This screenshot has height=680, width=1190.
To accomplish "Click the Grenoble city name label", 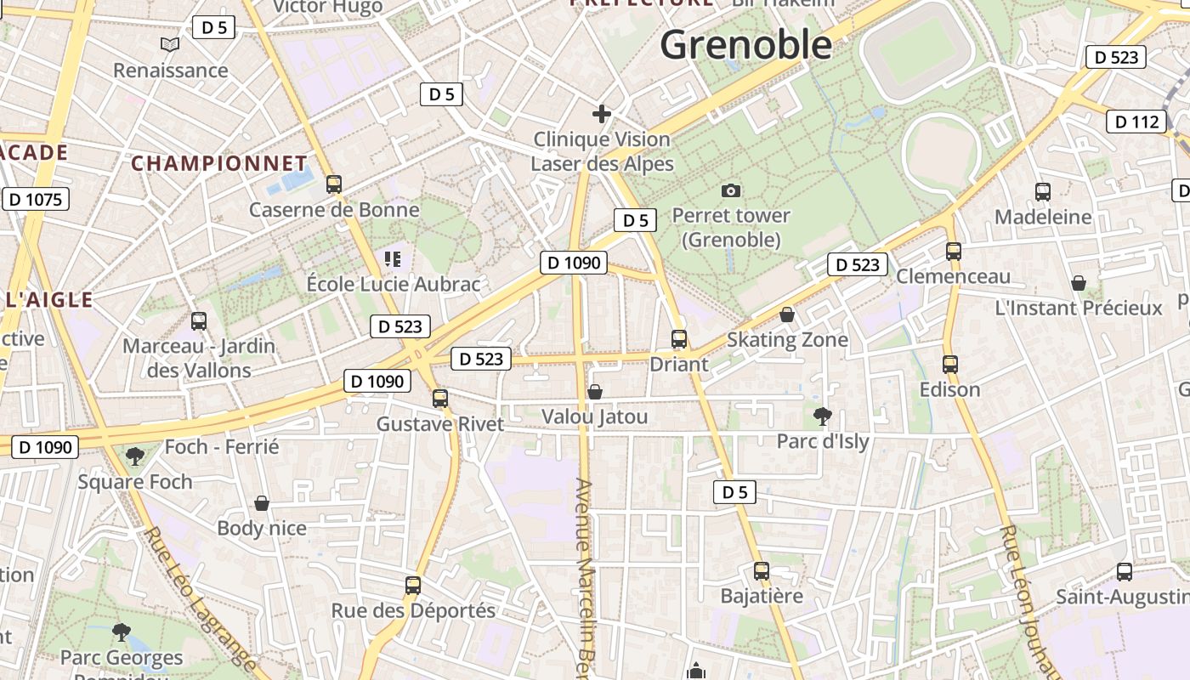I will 746,44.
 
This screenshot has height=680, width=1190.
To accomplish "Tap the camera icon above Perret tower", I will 730,190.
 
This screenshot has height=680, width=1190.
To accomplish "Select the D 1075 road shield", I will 37,200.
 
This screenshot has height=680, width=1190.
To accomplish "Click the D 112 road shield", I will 1136,122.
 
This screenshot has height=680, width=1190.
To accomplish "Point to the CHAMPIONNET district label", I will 219,163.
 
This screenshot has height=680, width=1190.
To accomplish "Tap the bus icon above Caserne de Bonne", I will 334,184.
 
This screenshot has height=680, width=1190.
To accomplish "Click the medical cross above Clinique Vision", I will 602,114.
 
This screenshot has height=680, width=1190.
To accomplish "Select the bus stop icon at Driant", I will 678,339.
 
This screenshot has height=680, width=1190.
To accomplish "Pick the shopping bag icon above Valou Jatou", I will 595,392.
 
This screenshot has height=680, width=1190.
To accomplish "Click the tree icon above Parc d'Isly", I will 822,416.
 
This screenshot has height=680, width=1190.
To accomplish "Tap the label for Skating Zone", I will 787,340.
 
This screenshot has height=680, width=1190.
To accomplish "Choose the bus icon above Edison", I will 950,365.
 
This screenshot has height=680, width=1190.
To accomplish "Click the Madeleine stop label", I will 1043,217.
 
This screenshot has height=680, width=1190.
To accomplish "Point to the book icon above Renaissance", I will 170,44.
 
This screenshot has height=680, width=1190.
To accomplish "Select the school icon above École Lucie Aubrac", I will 393,258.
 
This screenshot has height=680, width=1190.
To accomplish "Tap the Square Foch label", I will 135,482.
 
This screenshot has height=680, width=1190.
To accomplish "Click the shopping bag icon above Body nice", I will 262,503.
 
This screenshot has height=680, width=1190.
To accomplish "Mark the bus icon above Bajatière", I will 762,570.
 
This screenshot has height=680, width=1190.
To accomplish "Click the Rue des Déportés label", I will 413,610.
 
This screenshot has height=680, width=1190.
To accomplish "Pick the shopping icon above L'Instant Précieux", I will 1079,282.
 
